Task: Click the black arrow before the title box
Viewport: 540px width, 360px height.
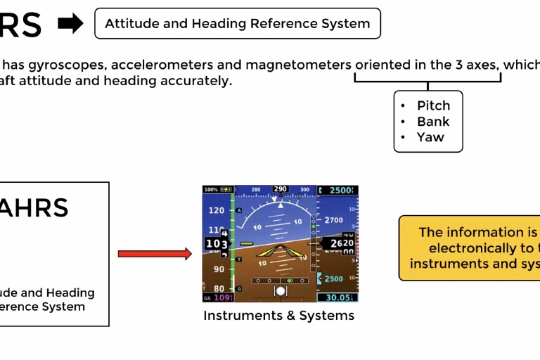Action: click(x=70, y=24)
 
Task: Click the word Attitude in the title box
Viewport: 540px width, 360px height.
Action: click(x=133, y=24)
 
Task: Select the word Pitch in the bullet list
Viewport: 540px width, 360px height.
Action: click(x=433, y=105)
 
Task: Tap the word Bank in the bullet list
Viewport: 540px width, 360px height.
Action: click(x=433, y=121)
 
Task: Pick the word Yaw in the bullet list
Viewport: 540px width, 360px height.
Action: click(x=430, y=137)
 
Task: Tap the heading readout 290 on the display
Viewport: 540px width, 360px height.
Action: click(x=280, y=189)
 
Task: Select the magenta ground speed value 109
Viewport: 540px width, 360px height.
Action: click(x=223, y=297)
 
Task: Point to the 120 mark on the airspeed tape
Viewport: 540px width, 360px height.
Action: click(x=216, y=210)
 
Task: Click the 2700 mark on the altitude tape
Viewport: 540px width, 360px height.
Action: click(x=333, y=220)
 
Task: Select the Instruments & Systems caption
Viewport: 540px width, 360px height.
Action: click(x=278, y=316)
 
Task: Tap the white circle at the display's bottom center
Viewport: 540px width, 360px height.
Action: click(x=281, y=290)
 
